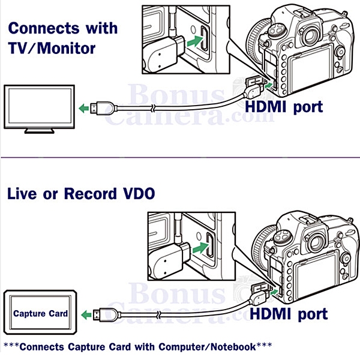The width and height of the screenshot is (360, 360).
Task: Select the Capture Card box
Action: pos(41,313)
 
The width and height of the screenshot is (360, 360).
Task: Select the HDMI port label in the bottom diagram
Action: pos(288,313)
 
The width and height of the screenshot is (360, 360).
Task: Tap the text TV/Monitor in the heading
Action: pos(52,49)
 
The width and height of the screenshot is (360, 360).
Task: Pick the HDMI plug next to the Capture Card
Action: pos(108,313)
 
